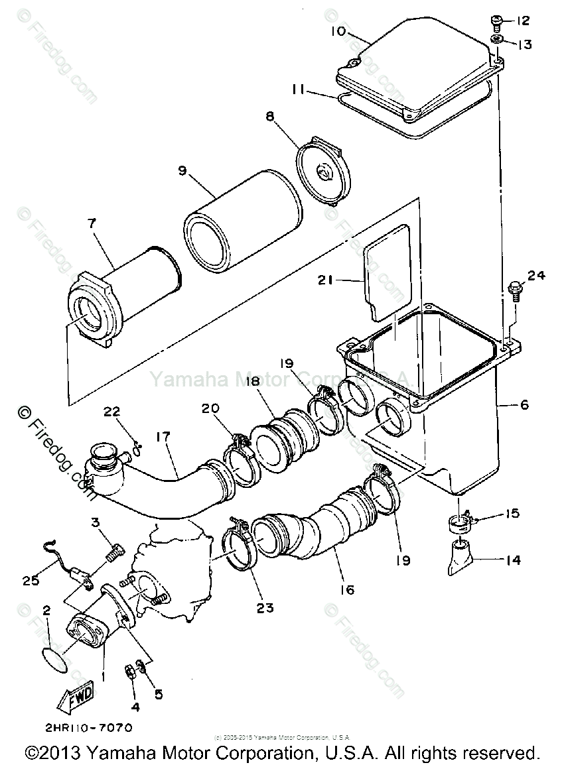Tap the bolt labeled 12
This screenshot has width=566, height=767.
tap(496, 22)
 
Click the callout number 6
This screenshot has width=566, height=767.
tap(524, 404)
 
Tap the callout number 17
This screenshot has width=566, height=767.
tap(163, 437)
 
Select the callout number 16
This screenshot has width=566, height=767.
tap(346, 589)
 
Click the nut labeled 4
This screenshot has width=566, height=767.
tap(131, 670)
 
